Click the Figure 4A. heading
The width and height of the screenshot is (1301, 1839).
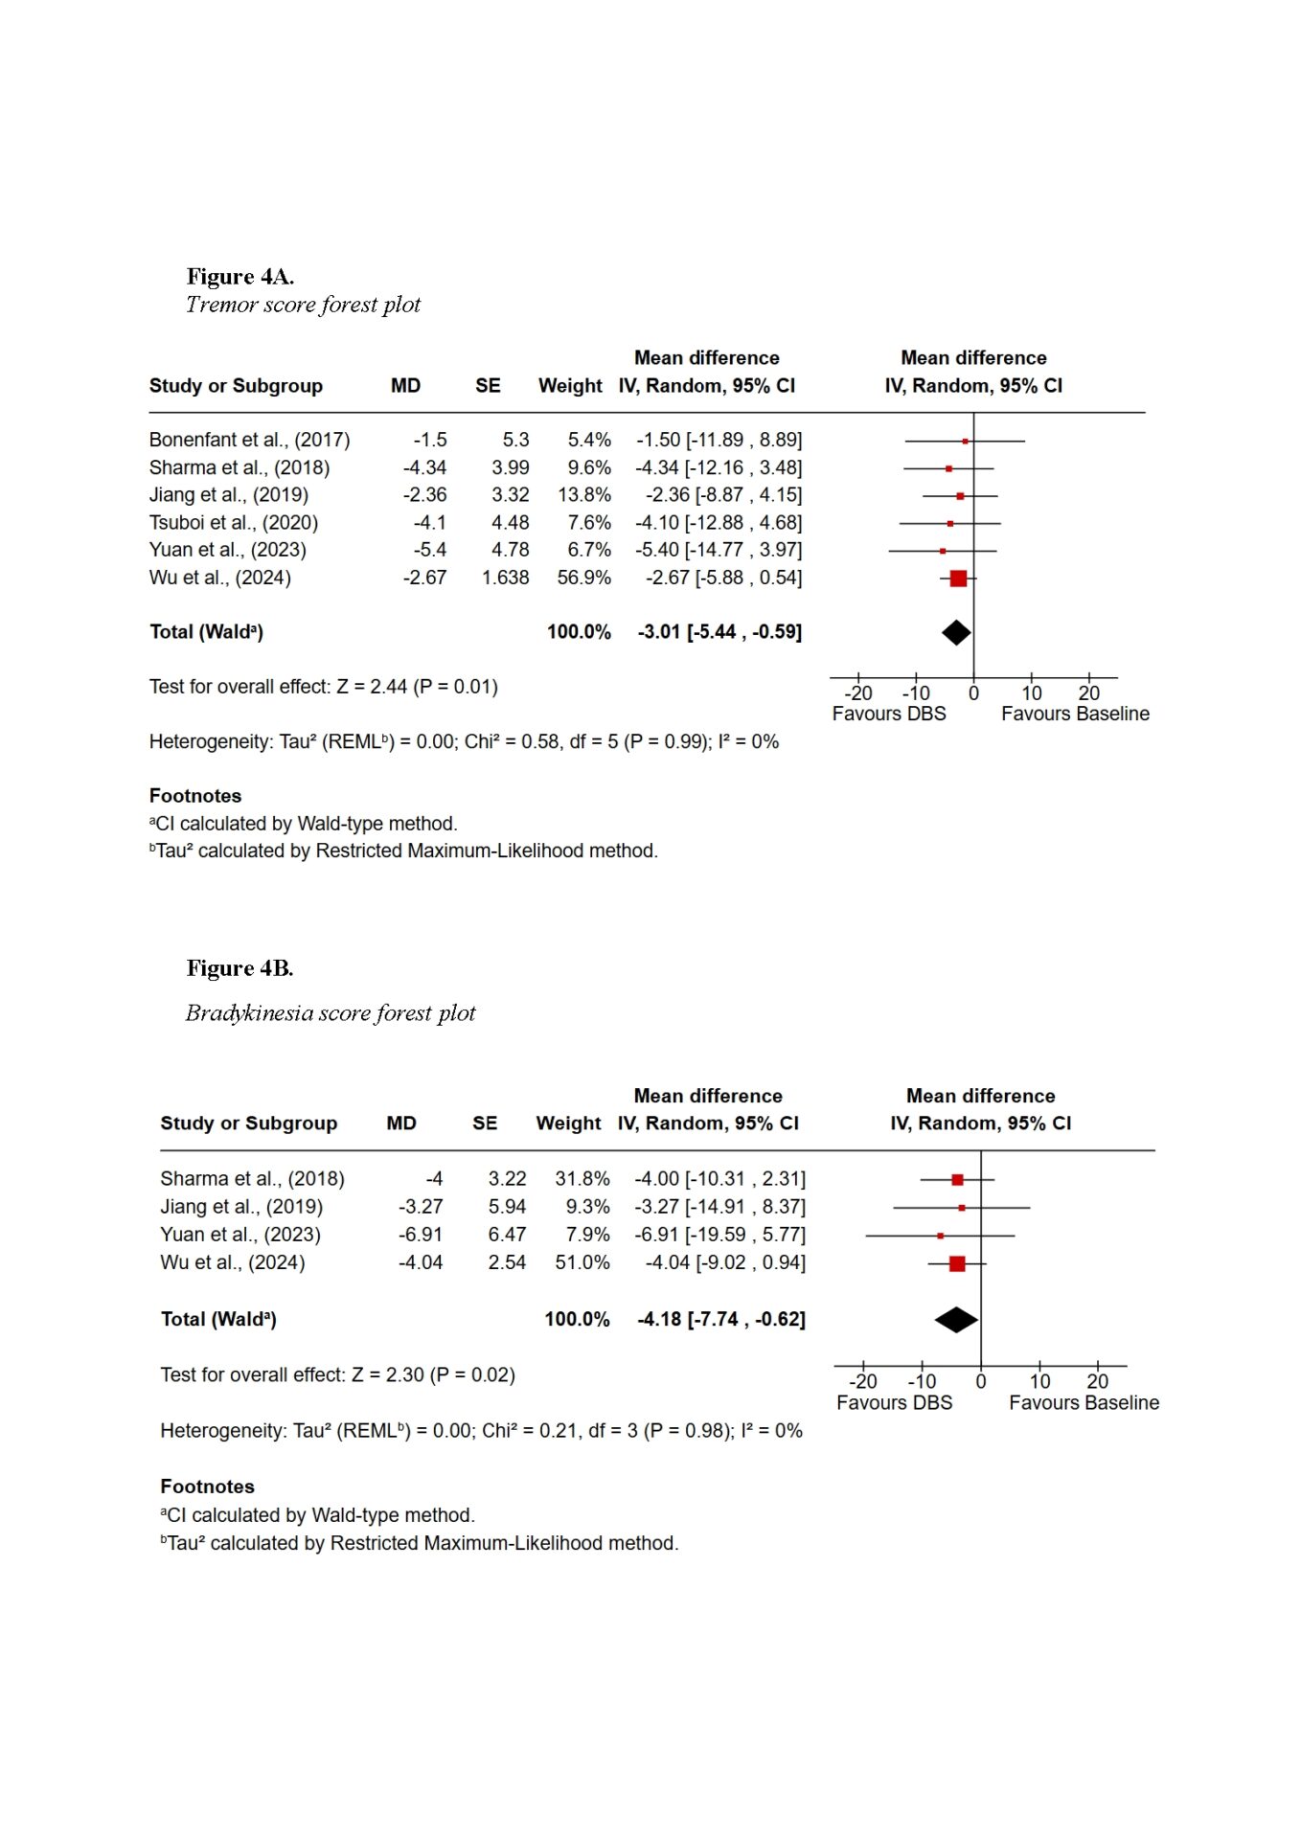tap(240, 277)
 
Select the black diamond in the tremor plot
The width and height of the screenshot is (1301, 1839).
tap(956, 632)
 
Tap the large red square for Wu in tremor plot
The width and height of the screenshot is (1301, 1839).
tap(958, 578)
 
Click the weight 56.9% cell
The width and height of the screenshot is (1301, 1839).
tap(583, 578)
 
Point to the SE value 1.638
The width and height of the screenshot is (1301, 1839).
tap(505, 578)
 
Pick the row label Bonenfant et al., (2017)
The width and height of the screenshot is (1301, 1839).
tap(249, 440)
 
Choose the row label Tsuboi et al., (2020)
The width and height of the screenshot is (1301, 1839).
tap(233, 523)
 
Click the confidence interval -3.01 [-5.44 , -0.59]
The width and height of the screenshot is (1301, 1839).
tap(719, 632)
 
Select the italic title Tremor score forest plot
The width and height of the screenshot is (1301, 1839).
tap(303, 305)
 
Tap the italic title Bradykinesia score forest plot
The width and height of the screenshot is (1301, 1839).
tap(331, 1013)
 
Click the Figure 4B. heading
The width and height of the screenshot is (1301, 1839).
tap(240, 968)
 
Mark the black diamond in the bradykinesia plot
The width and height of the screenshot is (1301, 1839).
tap(956, 1320)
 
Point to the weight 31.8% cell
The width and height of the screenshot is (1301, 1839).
tap(582, 1179)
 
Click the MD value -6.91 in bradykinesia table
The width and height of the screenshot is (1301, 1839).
tap(421, 1235)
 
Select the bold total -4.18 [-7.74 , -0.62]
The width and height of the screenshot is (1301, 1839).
tap(721, 1320)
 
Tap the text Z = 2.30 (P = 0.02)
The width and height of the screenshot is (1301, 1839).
tap(433, 1375)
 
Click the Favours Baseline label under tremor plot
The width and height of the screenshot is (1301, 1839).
tap(1075, 714)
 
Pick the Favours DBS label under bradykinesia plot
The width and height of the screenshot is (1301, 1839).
tap(894, 1403)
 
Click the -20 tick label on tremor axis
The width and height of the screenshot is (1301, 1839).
tap(858, 693)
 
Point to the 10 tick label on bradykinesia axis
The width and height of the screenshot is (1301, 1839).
tap(1039, 1382)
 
